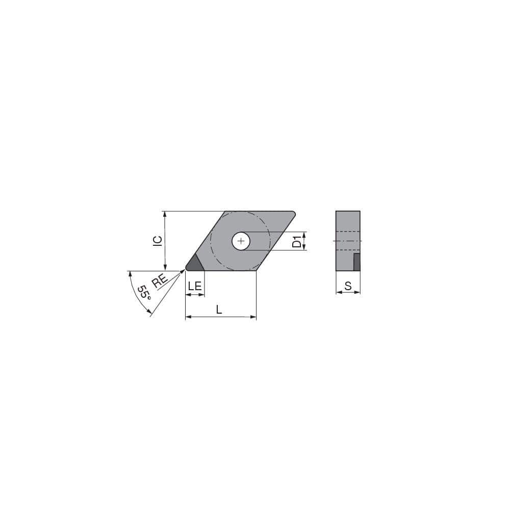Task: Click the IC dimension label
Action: [158, 241]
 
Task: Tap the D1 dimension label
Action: [296, 241]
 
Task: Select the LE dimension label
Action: [195, 286]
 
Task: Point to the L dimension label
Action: [219, 309]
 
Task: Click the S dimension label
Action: [348, 286]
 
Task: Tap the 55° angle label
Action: [144, 292]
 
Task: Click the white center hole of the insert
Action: [241, 241]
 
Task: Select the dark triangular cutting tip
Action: [194, 263]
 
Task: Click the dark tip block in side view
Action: [357, 262]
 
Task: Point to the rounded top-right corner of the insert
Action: [293, 213]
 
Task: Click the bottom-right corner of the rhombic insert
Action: [256, 270]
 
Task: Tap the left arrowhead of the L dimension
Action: [188, 317]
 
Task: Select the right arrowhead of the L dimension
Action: [253, 317]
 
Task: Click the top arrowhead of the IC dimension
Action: [165, 214]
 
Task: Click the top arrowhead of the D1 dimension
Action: [304, 234]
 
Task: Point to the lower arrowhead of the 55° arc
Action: [149, 312]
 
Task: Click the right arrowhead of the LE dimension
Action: [202, 294]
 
